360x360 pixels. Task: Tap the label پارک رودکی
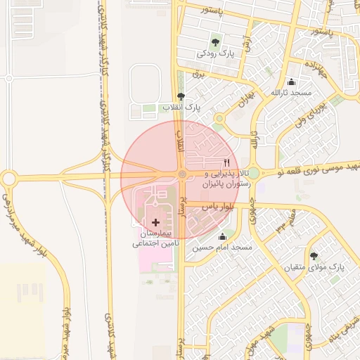click(x=214, y=53)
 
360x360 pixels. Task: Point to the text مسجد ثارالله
click(x=292, y=93)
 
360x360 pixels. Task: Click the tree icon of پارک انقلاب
click(x=181, y=96)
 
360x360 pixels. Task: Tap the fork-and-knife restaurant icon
click(x=226, y=162)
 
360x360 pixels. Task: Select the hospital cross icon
click(x=155, y=222)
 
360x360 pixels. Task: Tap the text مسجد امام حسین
click(x=224, y=248)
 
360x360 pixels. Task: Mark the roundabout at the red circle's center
click(x=181, y=174)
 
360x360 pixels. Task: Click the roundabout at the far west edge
click(x=8, y=178)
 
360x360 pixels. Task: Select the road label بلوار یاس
click(x=217, y=207)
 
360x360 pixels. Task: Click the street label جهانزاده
click(x=312, y=67)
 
